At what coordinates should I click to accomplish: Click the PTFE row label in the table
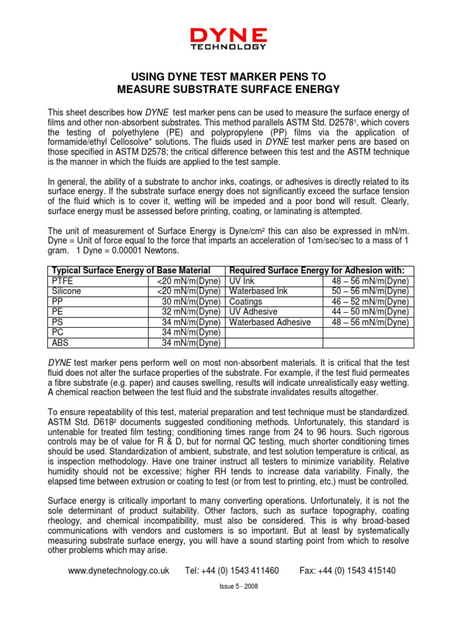coord(61,281)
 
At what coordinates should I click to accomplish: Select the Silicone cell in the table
coord(66,291)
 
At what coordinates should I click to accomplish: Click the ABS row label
coord(60,343)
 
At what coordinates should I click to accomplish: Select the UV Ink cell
coord(242,281)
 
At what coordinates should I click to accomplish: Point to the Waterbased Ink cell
coord(258,291)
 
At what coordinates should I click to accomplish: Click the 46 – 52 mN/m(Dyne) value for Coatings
coord(370,302)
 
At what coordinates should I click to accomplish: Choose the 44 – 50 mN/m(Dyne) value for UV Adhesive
coord(370,312)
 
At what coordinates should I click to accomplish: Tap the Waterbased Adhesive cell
coord(269,322)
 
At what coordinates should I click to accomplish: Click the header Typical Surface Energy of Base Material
coord(131,270)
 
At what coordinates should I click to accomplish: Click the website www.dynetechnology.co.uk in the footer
coord(118,570)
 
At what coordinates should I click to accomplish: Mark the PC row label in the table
coord(58,333)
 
